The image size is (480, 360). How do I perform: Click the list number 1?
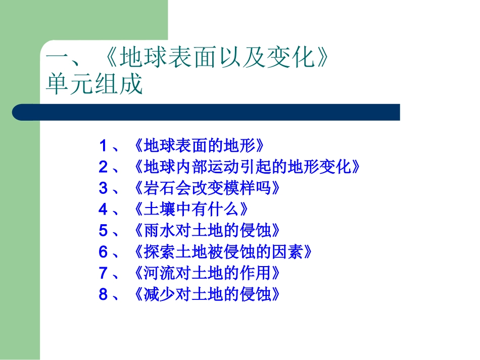[x=103, y=146]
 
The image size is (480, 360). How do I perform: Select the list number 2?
[x=103, y=167]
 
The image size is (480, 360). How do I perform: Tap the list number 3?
[x=103, y=188]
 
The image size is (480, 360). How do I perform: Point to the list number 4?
[x=103, y=210]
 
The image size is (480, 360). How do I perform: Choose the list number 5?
[x=103, y=231]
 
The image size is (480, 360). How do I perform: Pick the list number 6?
[x=103, y=252]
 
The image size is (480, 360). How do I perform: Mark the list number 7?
[x=103, y=273]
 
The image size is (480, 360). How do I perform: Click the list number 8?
[x=103, y=294]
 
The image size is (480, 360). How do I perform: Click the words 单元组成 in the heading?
[x=94, y=85]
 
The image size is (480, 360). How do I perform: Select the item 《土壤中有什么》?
[x=191, y=210]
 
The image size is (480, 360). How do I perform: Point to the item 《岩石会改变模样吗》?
[x=207, y=188]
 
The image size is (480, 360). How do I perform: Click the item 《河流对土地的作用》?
[x=207, y=273]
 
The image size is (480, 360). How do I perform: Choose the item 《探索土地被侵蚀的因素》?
[x=222, y=252]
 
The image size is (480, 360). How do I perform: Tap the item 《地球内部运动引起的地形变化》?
[x=248, y=167]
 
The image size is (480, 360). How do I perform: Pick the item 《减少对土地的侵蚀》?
[x=207, y=294]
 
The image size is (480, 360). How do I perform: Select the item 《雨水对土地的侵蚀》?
[x=207, y=231]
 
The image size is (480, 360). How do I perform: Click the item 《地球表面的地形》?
[x=200, y=146]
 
